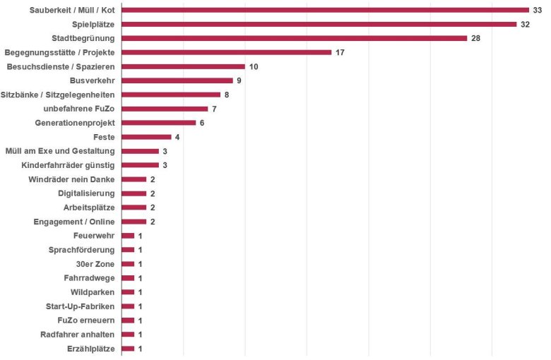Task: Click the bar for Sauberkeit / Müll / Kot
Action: tap(325, 10)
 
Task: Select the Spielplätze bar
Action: tap(319, 24)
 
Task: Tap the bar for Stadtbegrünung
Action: tap(294, 38)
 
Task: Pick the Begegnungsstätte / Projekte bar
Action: tap(226, 52)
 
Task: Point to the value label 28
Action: tap(475, 38)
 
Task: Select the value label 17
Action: tap(340, 52)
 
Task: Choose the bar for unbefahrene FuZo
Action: tap(165, 109)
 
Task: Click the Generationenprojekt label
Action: tap(75, 123)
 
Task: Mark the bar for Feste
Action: tap(146, 137)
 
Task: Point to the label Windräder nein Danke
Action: tap(71, 179)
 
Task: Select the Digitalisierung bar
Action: tap(134, 193)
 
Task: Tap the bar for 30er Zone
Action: tap(128, 264)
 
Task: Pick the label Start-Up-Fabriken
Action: tap(80, 306)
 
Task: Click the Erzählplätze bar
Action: tap(128, 349)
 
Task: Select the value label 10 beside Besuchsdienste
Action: tap(254, 66)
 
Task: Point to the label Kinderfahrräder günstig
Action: tap(69, 165)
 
